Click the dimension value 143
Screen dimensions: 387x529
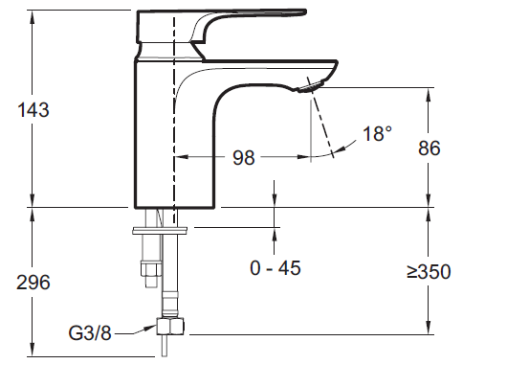pos(33,109)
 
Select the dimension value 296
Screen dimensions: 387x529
pos(33,283)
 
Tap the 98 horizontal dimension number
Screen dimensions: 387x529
pos(244,158)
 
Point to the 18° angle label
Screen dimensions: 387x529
pos(377,134)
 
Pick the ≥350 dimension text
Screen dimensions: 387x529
pos(428,272)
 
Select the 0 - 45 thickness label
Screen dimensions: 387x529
pos(276,268)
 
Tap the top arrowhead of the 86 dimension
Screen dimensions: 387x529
pos(428,89)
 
